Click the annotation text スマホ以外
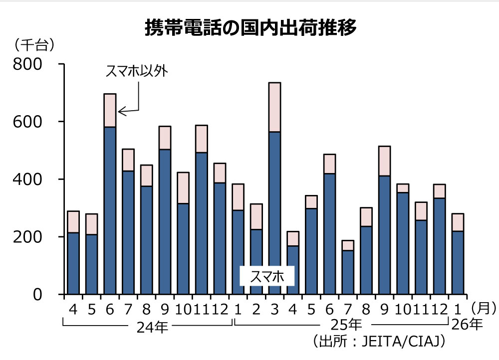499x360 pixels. tap(136, 72)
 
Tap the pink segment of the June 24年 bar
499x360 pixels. tap(110, 110)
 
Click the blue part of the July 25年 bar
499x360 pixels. tap(348, 272)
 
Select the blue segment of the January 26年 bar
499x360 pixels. tap(458, 262)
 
